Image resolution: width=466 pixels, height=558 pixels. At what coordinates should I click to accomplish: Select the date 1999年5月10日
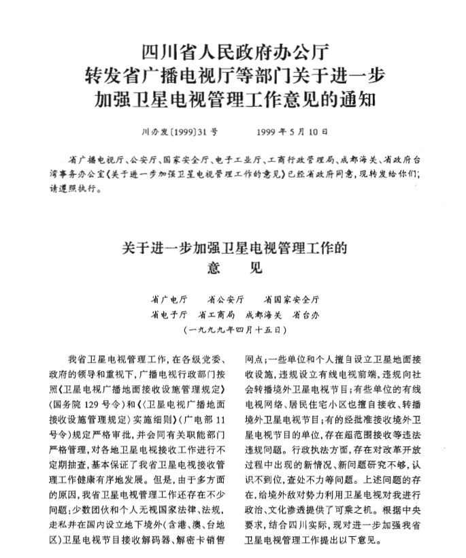click(293, 131)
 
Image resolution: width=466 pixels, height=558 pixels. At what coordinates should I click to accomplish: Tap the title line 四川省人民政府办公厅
click(233, 52)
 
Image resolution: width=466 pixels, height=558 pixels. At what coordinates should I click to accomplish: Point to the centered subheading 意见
click(233, 267)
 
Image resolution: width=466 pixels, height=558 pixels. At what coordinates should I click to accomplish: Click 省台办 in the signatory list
click(305, 315)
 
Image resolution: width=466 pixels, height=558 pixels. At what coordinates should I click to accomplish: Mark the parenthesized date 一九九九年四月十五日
click(233, 329)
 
